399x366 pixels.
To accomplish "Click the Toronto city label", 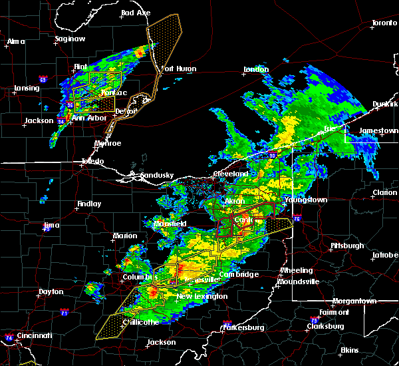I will tap(384, 23).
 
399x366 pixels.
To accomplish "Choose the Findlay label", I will tap(88, 204).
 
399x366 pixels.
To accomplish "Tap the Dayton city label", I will tap(51, 291).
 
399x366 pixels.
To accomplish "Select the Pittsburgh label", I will tap(347, 246).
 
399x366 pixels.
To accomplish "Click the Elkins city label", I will tap(349, 350).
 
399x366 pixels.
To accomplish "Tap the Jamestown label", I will tap(378, 130).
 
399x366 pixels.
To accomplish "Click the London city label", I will tap(255, 69).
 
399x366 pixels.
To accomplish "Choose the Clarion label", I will tap(384, 192).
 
